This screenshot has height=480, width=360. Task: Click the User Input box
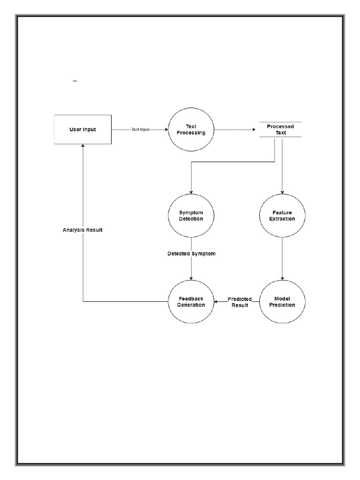(82, 129)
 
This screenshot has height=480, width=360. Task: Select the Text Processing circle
(190, 129)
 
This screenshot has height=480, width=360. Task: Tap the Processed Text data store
(280, 129)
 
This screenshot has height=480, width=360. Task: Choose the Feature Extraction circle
(282, 216)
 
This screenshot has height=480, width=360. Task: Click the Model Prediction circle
(282, 302)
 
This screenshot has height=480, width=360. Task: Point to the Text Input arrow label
(141, 129)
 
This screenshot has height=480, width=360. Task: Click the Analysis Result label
(82, 230)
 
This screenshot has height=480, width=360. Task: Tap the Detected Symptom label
(191, 254)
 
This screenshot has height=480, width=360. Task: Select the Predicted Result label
(240, 302)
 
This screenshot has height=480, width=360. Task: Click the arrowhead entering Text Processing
(166, 129)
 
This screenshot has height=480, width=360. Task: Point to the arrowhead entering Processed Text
(257, 129)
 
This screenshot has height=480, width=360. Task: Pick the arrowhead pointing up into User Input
(83, 147)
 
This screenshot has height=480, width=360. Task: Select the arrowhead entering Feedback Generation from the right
(217, 302)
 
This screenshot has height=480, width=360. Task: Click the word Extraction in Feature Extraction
(282, 219)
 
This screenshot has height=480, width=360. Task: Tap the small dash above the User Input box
(75, 82)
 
